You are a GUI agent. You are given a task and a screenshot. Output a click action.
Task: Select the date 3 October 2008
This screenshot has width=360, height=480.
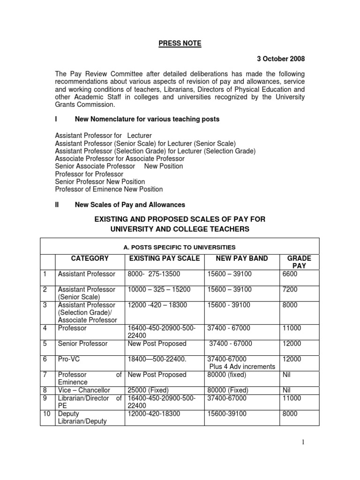point(280,59)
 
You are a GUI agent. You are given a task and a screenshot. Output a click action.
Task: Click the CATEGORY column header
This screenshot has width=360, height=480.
point(90,258)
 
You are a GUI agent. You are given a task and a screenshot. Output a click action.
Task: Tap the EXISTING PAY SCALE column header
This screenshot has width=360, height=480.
point(164,258)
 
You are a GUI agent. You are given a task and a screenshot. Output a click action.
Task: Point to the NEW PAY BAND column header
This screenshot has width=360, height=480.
point(242,258)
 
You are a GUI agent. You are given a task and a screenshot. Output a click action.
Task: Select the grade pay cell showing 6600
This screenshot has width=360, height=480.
point(290,274)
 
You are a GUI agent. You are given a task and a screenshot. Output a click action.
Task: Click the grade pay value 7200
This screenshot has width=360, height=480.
point(290,290)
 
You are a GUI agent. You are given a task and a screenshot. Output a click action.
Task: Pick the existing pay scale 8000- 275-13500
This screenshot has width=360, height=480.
point(154,274)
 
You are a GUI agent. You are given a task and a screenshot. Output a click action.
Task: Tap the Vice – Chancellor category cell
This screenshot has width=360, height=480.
point(83,390)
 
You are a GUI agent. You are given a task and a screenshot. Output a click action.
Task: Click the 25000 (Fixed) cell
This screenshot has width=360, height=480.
point(148,390)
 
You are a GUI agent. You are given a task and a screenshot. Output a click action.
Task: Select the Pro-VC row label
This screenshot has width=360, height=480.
point(69,359)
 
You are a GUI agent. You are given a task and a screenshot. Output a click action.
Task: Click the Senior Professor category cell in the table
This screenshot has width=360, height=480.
point(82,344)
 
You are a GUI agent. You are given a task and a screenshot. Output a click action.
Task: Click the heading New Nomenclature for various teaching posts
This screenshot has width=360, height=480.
point(147,120)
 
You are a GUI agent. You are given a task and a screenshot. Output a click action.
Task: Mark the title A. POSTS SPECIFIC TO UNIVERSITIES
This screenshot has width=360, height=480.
point(180,247)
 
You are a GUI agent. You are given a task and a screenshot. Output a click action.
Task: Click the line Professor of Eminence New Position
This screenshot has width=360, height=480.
point(109,189)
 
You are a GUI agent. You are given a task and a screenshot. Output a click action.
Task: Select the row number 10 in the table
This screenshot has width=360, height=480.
point(46,414)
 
